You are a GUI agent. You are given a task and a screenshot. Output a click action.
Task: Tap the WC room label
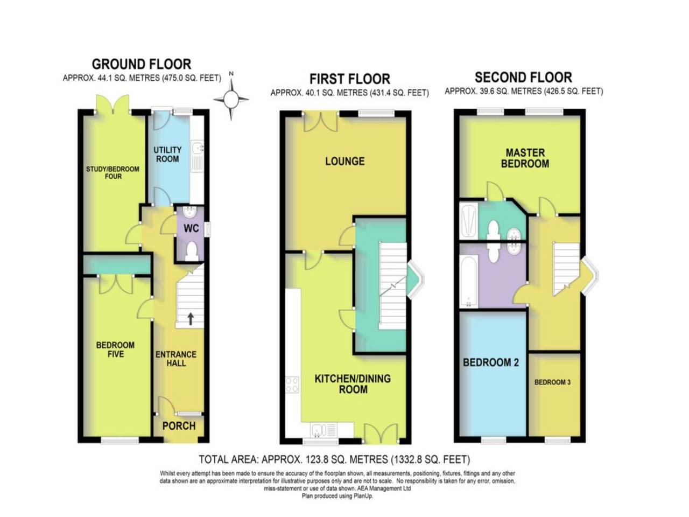pyautogui.click(x=191, y=228)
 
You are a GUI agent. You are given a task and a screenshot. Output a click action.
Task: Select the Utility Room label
pyautogui.click(x=167, y=154)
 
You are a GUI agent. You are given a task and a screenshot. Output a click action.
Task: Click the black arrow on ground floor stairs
pyautogui.click(x=191, y=318)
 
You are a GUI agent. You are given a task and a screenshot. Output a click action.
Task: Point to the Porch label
pyautogui.click(x=179, y=426)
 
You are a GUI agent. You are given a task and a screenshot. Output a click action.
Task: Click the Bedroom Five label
pyautogui.click(x=115, y=350)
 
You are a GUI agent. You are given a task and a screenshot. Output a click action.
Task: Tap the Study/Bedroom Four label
pyautogui.click(x=113, y=172)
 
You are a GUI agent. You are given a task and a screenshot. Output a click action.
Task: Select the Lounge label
pyautogui.click(x=344, y=161)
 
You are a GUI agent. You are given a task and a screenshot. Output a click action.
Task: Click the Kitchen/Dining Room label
pyautogui.click(x=353, y=383)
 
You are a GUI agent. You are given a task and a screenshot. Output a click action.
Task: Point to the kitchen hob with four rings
pyautogui.click(x=292, y=385)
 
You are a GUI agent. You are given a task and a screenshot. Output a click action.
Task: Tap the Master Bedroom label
pyautogui.click(x=525, y=158)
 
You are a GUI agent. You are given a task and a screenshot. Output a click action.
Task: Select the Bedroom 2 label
pyautogui.click(x=490, y=362)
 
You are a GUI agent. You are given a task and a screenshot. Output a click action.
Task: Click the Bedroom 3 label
pyautogui.click(x=552, y=382)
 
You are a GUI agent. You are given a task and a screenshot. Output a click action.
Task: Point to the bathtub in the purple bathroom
pyautogui.click(x=468, y=282)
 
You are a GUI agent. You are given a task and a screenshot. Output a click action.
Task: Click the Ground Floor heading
pyautogui.click(x=141, y=64)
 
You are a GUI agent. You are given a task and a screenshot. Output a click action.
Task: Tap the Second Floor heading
pyautogui.click(x=523, y=77)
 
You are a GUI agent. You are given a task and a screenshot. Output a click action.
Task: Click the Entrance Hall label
pyautogui.click(x=176, y=359)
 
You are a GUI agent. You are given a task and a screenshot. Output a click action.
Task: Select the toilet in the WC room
pyautogui.click(x=191, y=251)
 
